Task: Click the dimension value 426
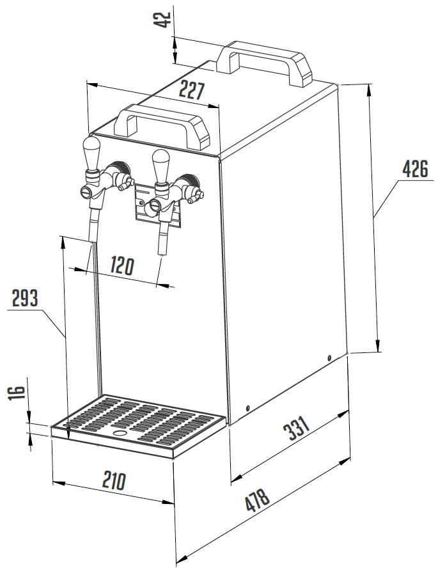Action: (414, 169)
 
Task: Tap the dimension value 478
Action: (258, 500)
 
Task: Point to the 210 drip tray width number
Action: (114, 481)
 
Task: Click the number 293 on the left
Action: (25, 298)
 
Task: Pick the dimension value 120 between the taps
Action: (122, 265)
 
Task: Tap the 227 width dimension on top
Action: (191, 90)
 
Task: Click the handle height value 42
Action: (162, 19)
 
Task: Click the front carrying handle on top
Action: (162, 127)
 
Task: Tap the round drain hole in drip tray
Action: (120, 433)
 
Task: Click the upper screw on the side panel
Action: (329, 357)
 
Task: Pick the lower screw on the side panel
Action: (247, 408)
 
